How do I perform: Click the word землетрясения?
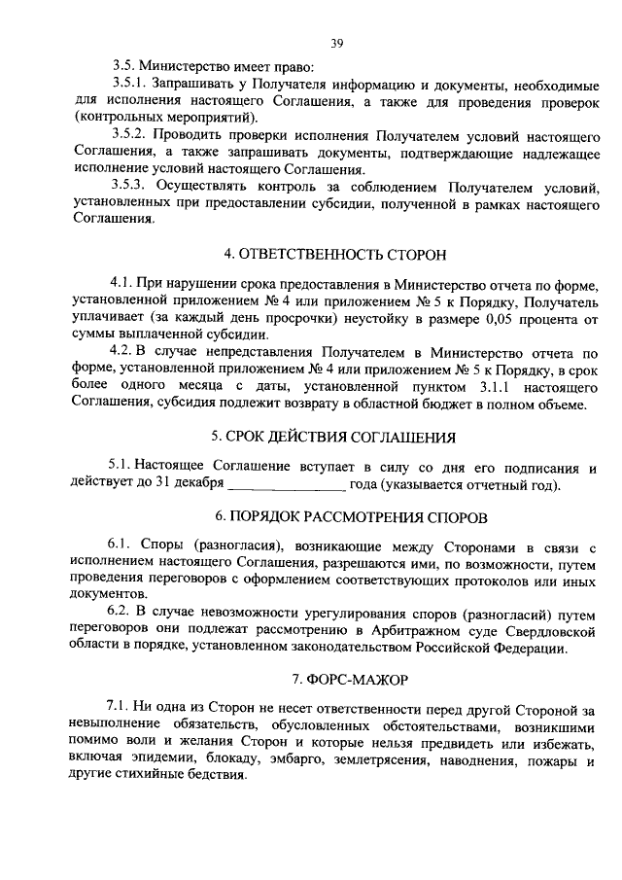pyautogui.click(x=372, y=760)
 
